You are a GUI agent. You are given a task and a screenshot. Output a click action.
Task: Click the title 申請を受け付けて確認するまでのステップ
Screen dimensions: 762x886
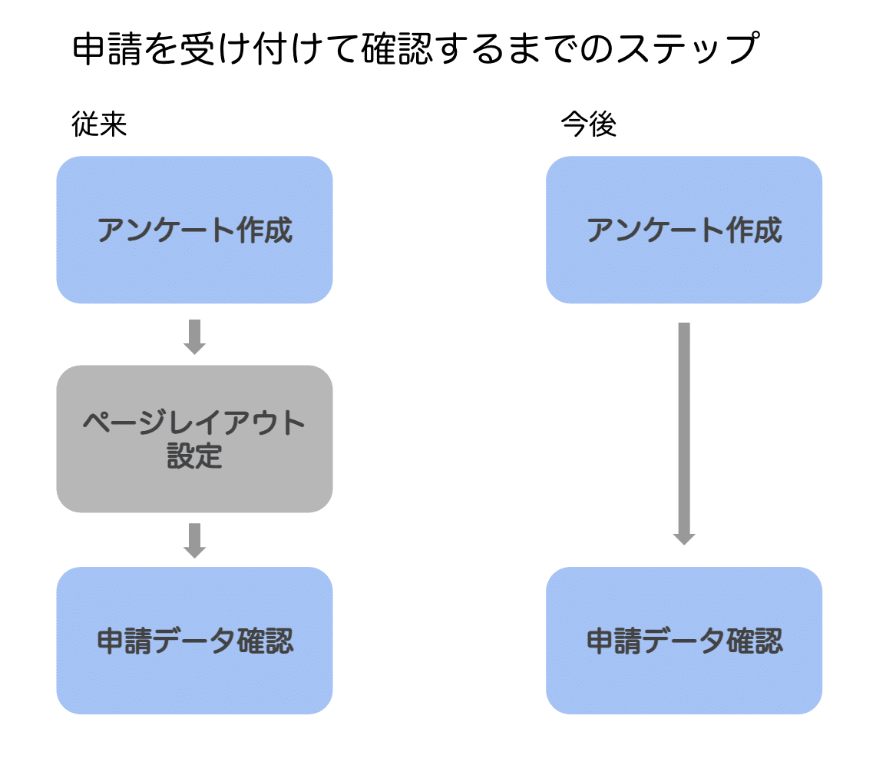415,49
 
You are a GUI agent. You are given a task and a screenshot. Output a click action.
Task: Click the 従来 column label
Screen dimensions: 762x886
99,125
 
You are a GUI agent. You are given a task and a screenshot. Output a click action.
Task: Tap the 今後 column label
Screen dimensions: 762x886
588,125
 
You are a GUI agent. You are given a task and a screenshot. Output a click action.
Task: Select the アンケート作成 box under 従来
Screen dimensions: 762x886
194,230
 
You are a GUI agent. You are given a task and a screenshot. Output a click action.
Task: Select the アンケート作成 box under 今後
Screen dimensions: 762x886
683,230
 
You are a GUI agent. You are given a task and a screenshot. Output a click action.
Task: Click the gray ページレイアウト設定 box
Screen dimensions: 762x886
194,439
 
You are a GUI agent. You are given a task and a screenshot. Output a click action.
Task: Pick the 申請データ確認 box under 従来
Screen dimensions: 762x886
194,641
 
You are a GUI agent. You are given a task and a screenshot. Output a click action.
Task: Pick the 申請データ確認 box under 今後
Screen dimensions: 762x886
683,641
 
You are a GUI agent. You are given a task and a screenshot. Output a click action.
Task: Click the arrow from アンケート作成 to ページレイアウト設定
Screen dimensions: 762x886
195,336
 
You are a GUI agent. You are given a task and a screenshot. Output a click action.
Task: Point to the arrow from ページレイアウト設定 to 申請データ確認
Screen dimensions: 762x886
195,539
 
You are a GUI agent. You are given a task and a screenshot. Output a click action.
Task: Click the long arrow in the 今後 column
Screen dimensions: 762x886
683,430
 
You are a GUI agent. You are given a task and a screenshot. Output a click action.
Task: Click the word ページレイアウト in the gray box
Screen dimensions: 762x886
194,422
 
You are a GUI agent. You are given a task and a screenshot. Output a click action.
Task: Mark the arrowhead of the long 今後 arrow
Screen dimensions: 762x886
683,538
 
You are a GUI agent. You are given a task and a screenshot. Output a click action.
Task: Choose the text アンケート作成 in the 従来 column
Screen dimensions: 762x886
194,230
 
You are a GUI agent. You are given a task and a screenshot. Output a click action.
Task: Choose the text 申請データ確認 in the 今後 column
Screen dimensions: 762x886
683,641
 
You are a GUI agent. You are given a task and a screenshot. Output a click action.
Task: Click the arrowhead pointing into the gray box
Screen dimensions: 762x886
195,346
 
